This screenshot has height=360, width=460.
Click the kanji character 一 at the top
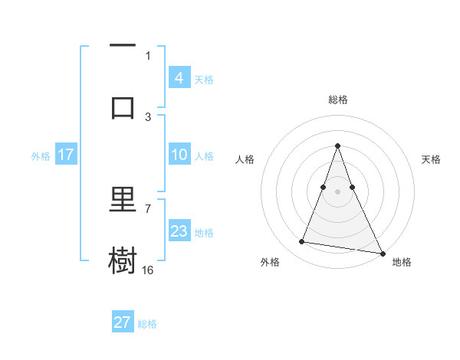(x=123, y=47)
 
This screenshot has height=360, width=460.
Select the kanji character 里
(x=123, y=201)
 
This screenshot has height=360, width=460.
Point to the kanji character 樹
(x=123, y=260)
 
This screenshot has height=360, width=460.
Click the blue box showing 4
(x=179, y=77)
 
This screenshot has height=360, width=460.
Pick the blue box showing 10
(x=179, y=155)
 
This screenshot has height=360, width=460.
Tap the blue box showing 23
(x=179, y=231)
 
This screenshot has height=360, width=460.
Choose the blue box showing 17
(x=65, y=155)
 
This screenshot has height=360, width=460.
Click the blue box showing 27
(x=123, y=322)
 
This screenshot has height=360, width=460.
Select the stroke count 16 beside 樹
(x=148, y=270)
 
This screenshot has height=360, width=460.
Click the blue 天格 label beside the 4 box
(x=204, y=79)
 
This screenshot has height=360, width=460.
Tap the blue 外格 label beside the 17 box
(x=41, y=156)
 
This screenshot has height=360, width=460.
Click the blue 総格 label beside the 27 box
(x=147, y=324)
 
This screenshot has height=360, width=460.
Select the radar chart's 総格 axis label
(x=338, y=100)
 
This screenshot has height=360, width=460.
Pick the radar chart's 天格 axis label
(x=431, y=159)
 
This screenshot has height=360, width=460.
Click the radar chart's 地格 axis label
(x=402, y=262)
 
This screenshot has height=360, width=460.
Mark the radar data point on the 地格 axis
(x=382, y=253)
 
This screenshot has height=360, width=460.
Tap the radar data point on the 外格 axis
(x=301, y=242)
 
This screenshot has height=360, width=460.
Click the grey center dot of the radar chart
(x=338, y=191)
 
